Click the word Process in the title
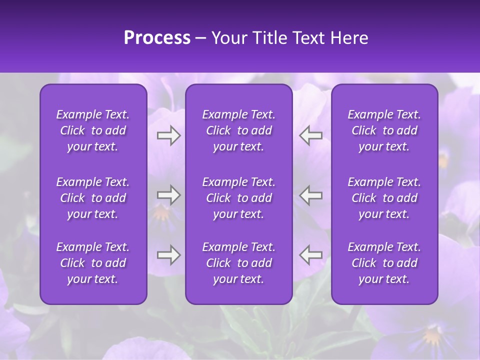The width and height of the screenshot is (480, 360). [x=157, y=38]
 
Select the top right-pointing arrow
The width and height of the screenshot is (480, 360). [x=168, y=135]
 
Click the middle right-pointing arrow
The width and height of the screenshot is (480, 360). [x=168, y=195]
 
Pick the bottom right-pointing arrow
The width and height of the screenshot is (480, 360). [x=168, y=254]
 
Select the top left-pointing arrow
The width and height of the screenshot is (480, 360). [x=310, y=135]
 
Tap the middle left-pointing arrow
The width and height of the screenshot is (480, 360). [x=310, y=195]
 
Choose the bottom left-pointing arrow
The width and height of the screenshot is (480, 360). [x=310, y=254]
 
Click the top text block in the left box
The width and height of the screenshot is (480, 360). [x=93, y=130]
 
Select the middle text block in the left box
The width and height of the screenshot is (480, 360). [x=93, y=198]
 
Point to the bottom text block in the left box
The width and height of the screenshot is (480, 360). [x=93, y=263]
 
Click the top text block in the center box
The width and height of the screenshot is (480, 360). [x=238, y=130]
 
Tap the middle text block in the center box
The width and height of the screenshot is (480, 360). [x=238, y=198]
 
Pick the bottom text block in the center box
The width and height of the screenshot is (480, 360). [x=238, y=263]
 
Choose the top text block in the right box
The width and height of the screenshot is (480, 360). [x=384, y=130]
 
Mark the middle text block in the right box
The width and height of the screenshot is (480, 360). [x=384, y=198]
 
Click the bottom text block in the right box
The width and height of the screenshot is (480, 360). [x=384, y=263]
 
